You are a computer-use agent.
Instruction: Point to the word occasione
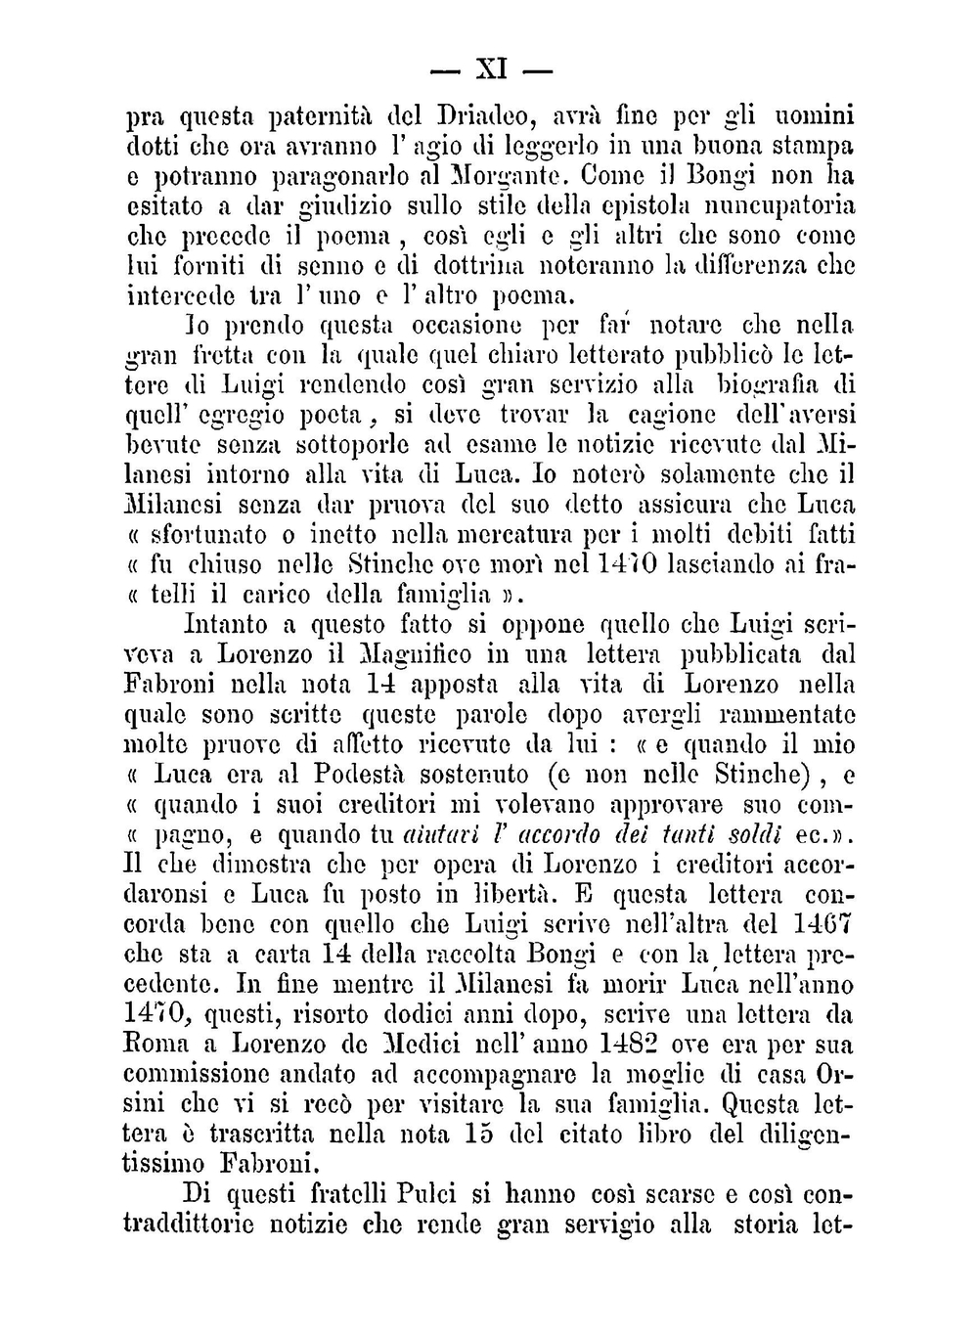[x=463, y=325]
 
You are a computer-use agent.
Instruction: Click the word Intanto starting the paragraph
[x=224, y=624]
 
